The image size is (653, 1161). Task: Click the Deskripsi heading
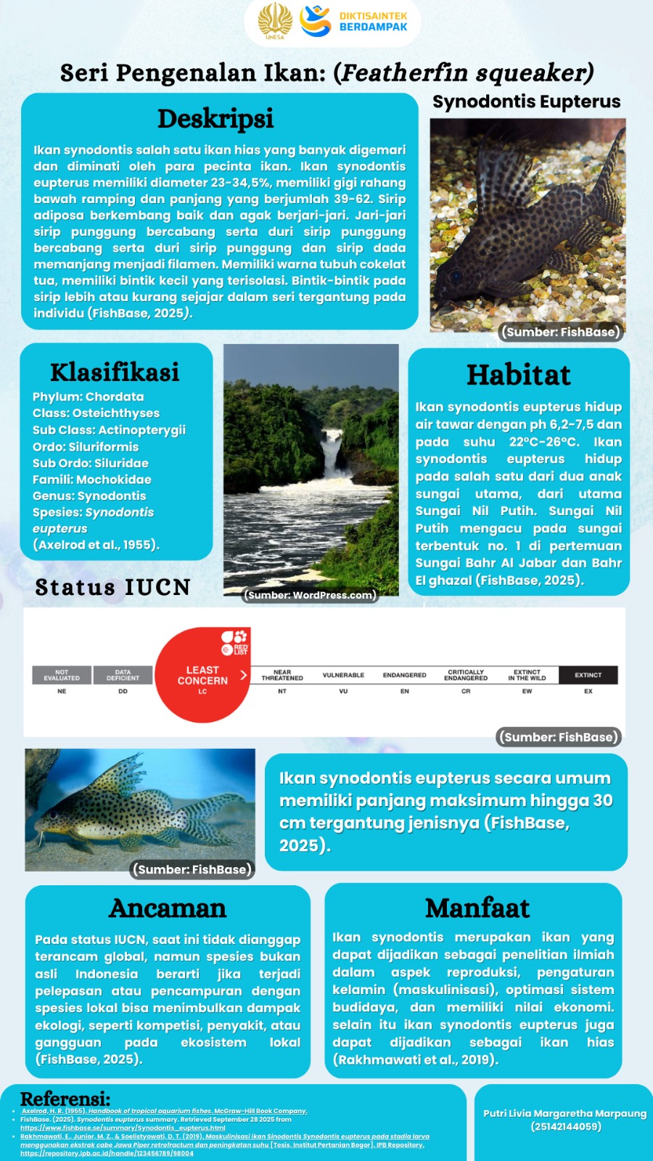215,119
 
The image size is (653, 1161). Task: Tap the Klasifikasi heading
115,372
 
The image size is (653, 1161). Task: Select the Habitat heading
518,375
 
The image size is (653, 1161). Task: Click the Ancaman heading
168,908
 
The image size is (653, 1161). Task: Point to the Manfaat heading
477,908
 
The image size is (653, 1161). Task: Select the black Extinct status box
588,675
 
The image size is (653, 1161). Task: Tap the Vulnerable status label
343,675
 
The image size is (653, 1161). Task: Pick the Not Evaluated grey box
62,675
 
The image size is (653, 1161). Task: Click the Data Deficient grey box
123,675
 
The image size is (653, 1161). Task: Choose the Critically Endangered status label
466,675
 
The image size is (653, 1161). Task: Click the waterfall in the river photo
332,454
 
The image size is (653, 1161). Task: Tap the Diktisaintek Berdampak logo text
373,21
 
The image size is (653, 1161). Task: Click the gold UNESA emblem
276,21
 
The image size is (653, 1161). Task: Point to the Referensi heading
65,1099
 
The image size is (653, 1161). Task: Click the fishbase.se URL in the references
123,1128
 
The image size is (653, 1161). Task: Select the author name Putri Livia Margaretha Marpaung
564,1113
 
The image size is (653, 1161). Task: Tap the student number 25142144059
565,1127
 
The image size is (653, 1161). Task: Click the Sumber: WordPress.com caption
311,595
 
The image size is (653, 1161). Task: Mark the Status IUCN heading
112,587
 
